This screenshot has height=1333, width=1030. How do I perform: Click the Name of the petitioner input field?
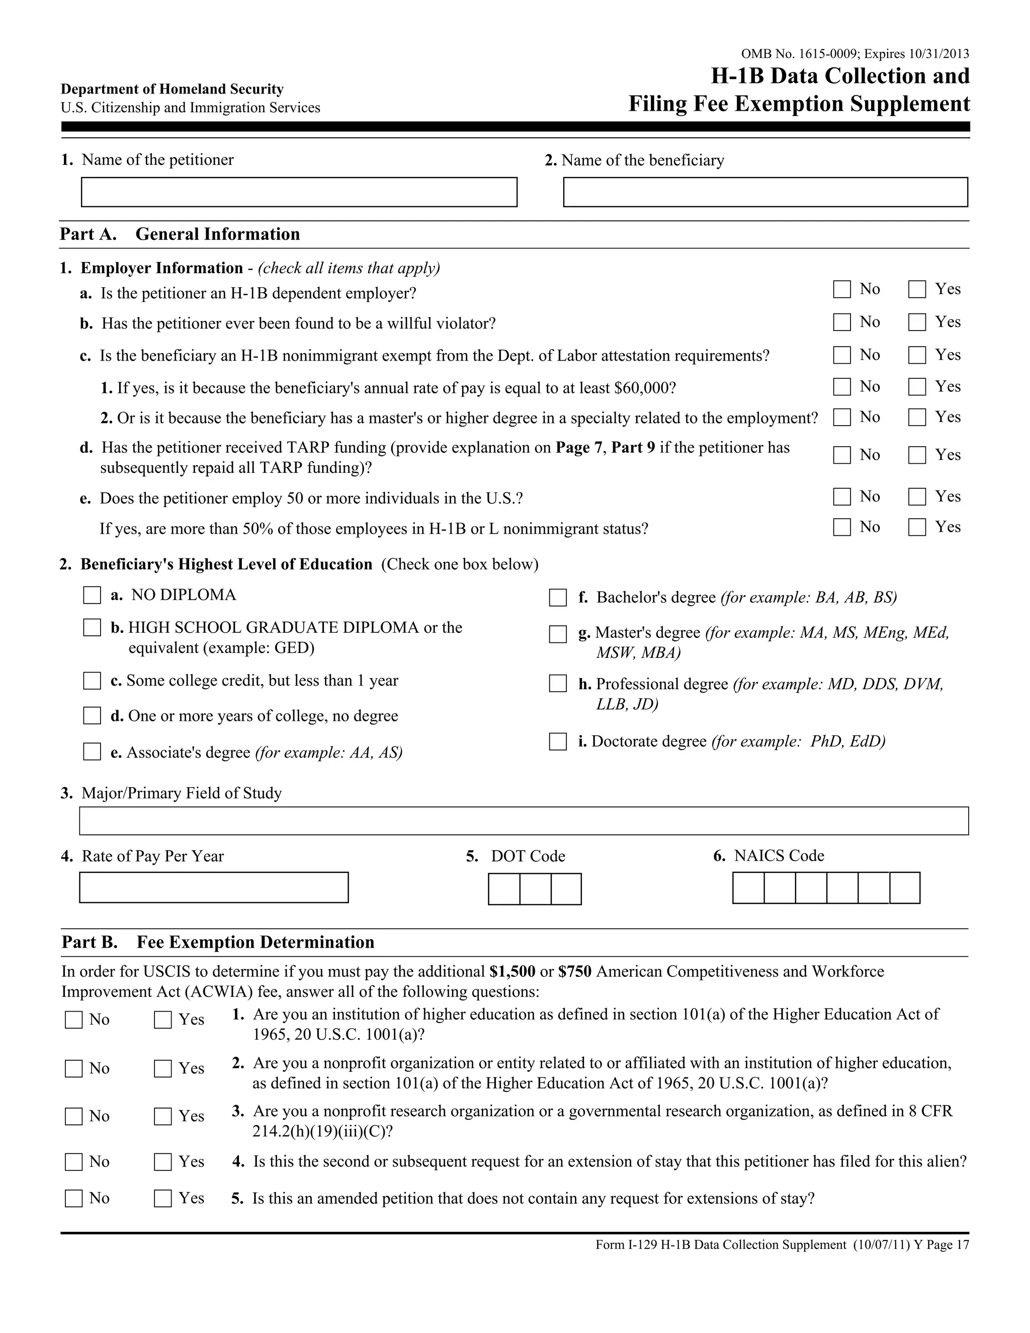coord(299,192)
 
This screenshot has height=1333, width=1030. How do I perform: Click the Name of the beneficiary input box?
coord(765,192)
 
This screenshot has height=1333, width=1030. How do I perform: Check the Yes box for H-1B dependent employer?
coord(916,289)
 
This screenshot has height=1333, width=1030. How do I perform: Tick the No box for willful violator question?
coord(841,322)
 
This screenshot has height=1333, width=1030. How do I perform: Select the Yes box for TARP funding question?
coord(916,455)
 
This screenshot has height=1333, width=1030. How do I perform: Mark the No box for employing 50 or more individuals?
coord(841,497)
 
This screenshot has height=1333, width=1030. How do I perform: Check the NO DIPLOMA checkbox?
coord(92,595)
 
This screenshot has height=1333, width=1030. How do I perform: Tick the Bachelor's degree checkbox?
coord(558,598)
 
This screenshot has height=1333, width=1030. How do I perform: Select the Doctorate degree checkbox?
coord(558,741)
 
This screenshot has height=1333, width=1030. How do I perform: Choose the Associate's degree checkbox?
coord(92,752)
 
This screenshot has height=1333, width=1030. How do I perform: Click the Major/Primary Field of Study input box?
coord(524,821)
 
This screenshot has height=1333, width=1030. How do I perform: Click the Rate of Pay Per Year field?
coord(214,887)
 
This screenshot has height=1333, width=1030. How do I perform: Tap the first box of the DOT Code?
coord(504,889)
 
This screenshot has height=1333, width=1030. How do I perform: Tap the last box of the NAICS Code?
coord(904,887)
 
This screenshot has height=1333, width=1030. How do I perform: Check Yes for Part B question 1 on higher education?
coord(163,1020)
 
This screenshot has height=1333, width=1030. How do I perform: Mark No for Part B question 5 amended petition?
coord(74,1199)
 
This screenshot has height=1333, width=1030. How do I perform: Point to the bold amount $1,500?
coord(512,971)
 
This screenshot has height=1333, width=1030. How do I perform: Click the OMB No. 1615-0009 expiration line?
coord(854,54)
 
